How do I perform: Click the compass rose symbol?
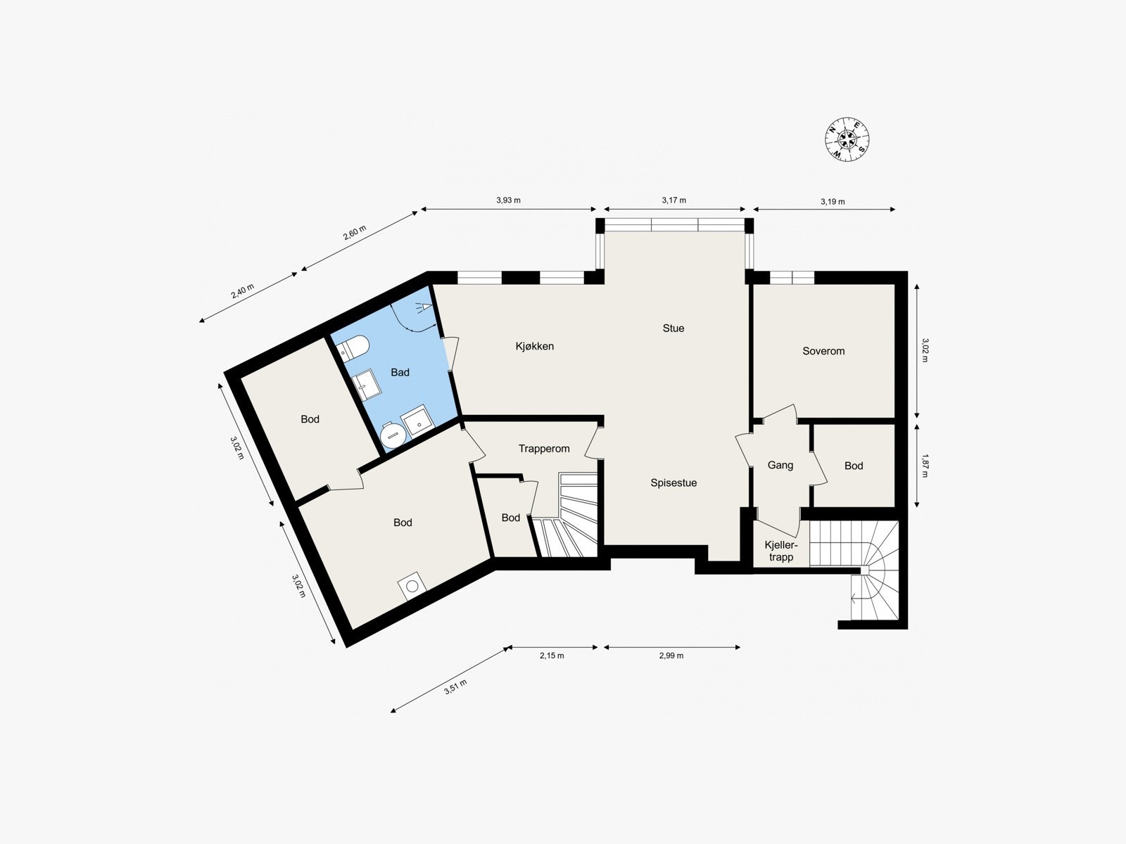[847, 139]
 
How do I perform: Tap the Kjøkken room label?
[535, 346]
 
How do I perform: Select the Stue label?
[673, 328]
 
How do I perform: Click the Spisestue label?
[673, 482]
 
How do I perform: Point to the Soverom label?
[823, 351]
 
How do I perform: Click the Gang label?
[780, 465]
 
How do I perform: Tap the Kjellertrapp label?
[781, 551]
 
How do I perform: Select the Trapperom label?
[544, 449]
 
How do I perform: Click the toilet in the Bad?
[353, 347]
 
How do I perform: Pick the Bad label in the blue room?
[400, 372]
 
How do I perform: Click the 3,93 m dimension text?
[508, 200]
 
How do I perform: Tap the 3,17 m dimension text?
[673, 200]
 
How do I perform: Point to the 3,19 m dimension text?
[833, 201]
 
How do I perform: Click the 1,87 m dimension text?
[925, 465]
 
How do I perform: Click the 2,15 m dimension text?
[552, 656]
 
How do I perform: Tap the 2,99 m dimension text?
[671, 656]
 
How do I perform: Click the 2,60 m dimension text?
[355, 234]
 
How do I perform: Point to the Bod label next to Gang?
[854, 466]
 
